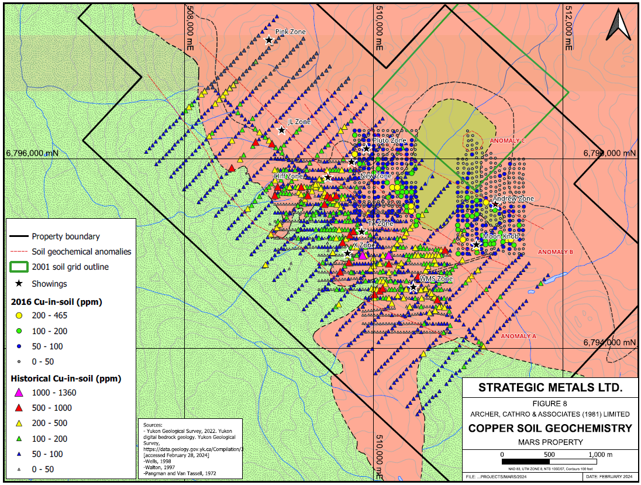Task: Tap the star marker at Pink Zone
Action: (x=269, y=40)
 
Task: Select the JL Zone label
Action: (x=299, y=122)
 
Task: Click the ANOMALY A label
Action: (x=519, y=336)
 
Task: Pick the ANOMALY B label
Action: (x=554, y=252)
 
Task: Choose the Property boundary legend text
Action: (x=66, y=237)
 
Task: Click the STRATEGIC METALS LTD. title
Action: (x=550, y=387)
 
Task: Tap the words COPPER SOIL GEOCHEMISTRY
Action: (x=550, y=428)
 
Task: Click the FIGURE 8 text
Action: (x=550, y=404)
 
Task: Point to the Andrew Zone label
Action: (x=513, y=199)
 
